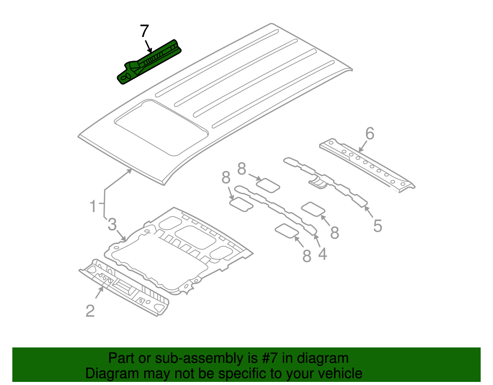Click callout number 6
tap(370, 134)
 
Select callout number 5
tap(377, 226)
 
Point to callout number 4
tap(322, 254)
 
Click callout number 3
tap(112, 224)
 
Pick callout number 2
tap(90, 311)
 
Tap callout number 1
tap(93, 206)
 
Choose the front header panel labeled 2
tap(123, 287)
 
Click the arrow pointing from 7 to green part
tap(149, 46)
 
